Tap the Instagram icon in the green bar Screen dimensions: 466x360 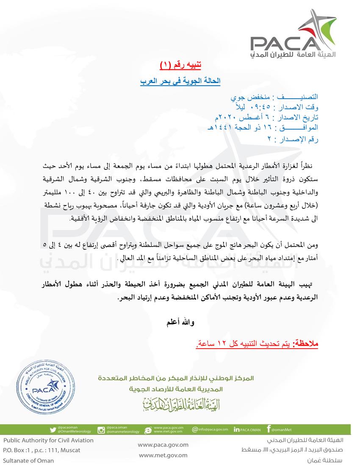[x=101, y=430]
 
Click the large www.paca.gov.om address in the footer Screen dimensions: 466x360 [x=163, y=445]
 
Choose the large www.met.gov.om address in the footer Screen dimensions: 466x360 [x=163, y=455]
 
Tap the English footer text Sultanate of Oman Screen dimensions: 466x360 [x=29, y=460]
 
